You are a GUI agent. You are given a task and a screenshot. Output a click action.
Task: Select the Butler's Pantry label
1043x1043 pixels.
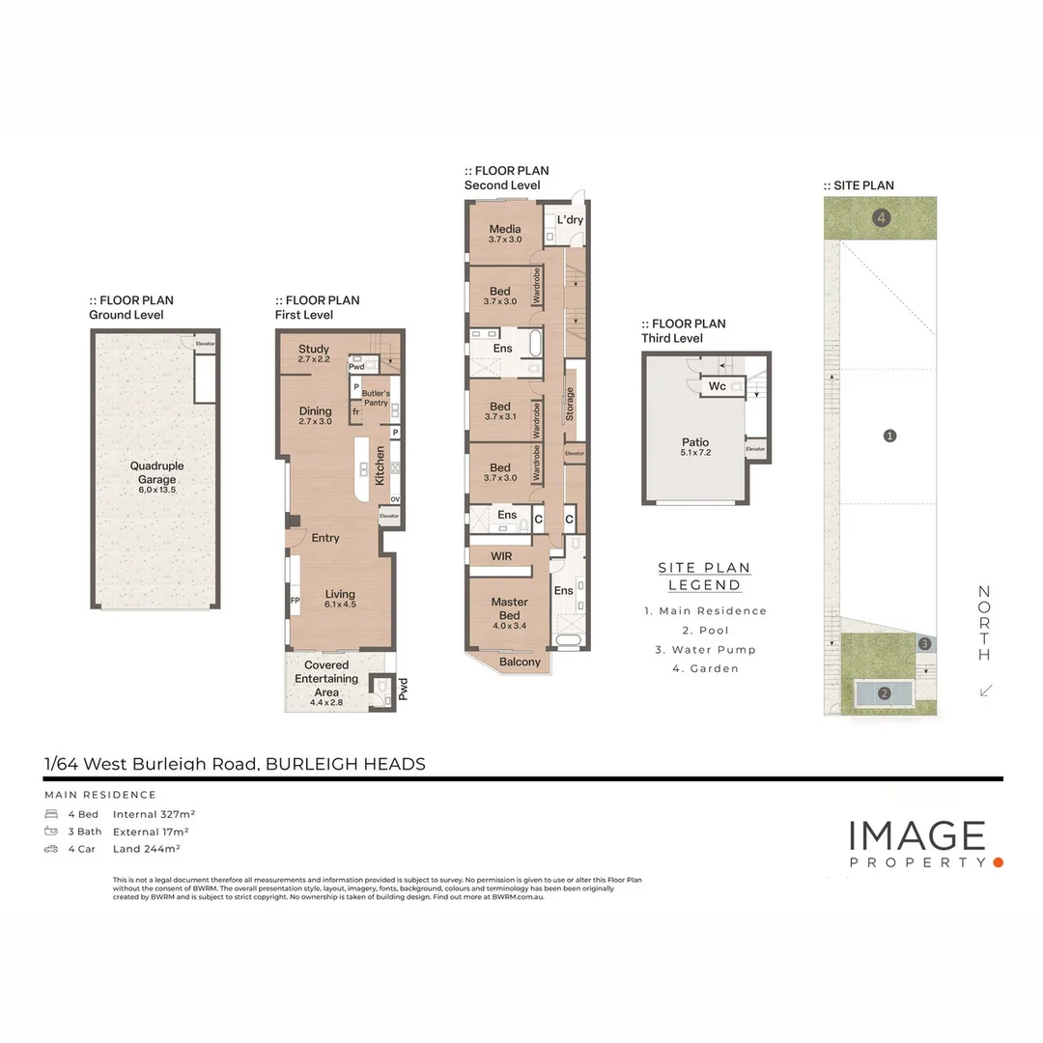[x=376, y=397]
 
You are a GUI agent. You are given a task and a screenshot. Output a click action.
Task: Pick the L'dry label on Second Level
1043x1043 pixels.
[x=570, y=220]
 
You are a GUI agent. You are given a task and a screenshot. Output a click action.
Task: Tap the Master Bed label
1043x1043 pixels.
[x=509, y=608]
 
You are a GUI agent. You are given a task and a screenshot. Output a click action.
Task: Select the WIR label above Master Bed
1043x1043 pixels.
[x=500, y=557]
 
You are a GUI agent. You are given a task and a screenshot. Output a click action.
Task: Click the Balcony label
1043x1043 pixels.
[x=521, y=662]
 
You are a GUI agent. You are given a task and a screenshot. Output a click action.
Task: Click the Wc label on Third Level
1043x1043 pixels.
[x=717, y=386]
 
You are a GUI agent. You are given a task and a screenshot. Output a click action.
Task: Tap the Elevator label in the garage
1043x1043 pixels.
[x=205, y=344]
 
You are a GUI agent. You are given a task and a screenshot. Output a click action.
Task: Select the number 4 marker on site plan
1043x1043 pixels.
[x=881, y=218]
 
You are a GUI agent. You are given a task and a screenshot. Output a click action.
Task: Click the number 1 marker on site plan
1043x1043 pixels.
[x=889, y=436]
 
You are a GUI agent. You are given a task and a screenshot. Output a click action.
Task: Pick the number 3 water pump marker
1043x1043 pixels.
[x=924, y=644]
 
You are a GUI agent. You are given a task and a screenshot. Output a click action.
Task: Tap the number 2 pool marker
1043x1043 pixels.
[x=884, y=692]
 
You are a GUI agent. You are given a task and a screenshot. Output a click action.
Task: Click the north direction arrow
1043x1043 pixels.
[x=985, y=690]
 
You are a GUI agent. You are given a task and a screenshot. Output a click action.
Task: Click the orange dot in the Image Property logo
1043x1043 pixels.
[x=999, y=861]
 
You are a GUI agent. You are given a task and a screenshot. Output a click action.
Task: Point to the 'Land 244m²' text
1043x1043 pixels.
[x=147, y=849]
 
